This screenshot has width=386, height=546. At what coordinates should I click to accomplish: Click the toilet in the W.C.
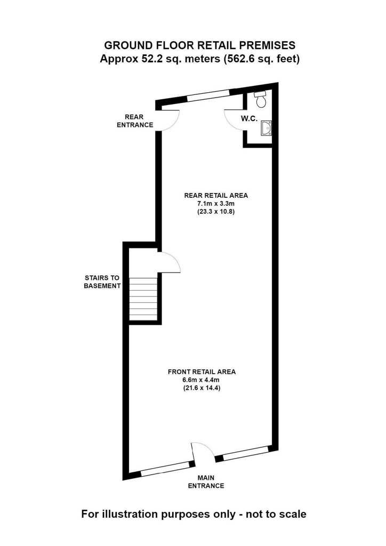click(261, 99)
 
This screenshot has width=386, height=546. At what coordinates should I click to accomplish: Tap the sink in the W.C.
click(266, 128)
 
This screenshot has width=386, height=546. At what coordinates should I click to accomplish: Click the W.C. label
click(249, 118)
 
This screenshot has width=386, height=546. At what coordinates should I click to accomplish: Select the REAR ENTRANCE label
click(135, 121)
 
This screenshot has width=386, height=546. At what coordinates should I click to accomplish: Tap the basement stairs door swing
click(174, 260)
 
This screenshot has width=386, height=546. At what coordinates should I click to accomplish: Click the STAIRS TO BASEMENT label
click(102, 282)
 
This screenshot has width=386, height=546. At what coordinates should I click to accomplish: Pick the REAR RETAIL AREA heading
click(216, 195)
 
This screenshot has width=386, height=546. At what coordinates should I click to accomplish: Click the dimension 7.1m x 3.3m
click(216, 203)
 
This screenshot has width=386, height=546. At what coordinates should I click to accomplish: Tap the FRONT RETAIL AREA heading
click(202, 372)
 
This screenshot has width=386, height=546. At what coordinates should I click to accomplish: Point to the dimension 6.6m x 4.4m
click(202, 380)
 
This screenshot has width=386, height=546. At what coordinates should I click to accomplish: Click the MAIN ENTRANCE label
click(206, 481)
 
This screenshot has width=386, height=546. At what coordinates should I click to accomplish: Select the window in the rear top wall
click(208, 95)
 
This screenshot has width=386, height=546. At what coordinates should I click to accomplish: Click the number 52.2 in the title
click(150, 59)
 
